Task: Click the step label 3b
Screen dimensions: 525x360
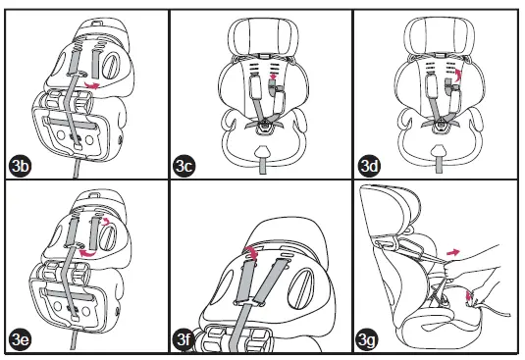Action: pyautogui.click(x=21, y=166)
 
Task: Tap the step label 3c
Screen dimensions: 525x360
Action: pyautogui.click(x=184, y=166)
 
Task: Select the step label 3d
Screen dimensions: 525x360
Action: pyautogui.click(x=369, y=166)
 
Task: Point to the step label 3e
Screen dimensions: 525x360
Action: pyautogui.click(x=21, y=339)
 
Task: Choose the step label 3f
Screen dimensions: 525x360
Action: pyautogui.click(x=184, y=339)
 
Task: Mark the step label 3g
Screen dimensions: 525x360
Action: pyautogui.click(x=367, y=339)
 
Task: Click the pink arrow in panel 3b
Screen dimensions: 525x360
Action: pyautogui.click(x=91, y=85)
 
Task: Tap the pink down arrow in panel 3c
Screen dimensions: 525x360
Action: pyautogui.click(x=273, y=77)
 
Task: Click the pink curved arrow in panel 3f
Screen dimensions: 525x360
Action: pyautogui.click(x=252, y=252)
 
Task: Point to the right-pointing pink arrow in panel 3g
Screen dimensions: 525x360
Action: pyautogui.click(x=453, y=252)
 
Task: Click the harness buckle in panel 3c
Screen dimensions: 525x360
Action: pyautogui.click(x=265, y=126)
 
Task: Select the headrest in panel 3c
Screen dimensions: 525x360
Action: pyautogui.click(x=263, y=36)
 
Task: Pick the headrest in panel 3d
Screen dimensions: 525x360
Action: pyautogui.click(x=439, y=35)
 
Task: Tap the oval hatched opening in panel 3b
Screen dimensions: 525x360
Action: pyautogui.click(x=110, y=66)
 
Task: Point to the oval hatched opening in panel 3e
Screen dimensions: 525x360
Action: pyautogui.click(x=107, y=236)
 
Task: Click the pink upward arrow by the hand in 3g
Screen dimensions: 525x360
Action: pyautogui.click(x=469, y=295)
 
